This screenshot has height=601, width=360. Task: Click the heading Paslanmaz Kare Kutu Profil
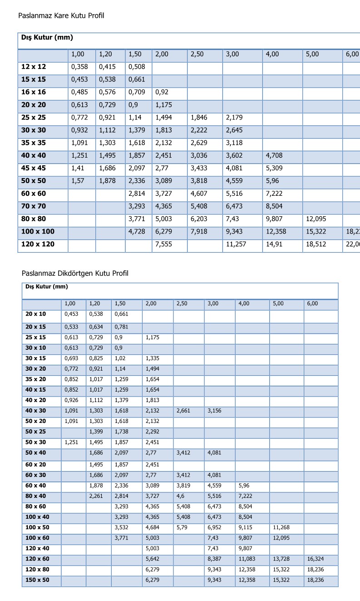tap(61, 16)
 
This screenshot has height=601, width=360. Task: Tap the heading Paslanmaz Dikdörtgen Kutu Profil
tap(75, 273)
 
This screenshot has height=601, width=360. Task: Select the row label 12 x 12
tap(34, 67)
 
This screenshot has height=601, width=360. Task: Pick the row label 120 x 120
tap(38, 244)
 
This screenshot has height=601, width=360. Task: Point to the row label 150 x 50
tap(37, 580)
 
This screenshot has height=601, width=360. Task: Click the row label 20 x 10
tap(35, 314)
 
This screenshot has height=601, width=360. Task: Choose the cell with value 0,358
tap(79, 67)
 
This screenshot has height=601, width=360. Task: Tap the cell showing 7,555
tap(163, 244)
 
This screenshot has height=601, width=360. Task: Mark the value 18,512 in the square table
tap(316, 244)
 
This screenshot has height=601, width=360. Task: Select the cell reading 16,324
tap(316, 559)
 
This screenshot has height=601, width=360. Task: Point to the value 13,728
tap(281, 559)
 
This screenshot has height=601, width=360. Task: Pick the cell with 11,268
tap(281, 528)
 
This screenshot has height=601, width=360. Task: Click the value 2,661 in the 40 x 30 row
tap(183, 411)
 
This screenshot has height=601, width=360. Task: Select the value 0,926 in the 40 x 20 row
tap(71, 400)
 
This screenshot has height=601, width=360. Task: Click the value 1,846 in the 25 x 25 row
tap(199, 118)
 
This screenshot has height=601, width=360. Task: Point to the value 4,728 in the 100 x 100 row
tap(137, 232)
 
